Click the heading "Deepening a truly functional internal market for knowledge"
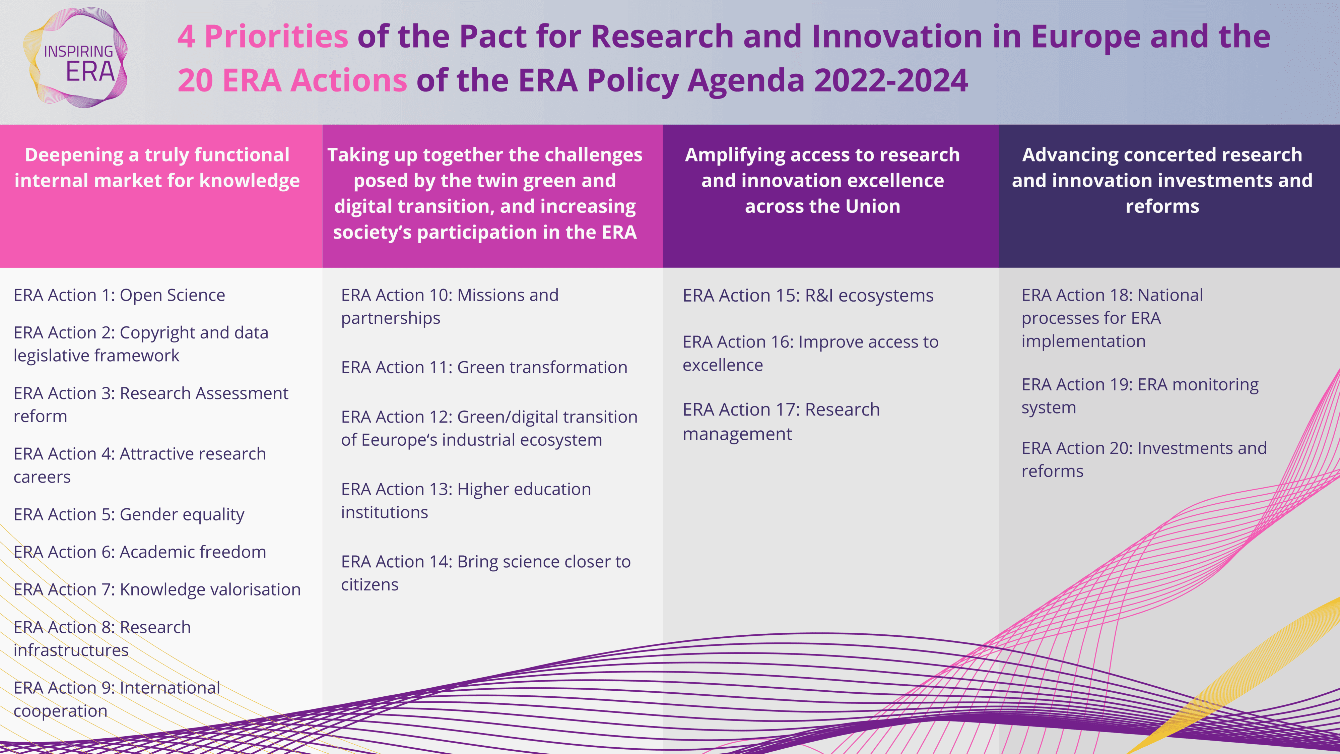coord(157,168)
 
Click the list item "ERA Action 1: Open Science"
coord(119,295)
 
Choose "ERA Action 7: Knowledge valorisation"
coord(157,589)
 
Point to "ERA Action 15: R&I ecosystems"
coord(808,296)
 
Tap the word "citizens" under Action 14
coord(370,585)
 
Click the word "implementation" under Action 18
coord(1083,341)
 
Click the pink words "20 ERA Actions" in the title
coord(292,81)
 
